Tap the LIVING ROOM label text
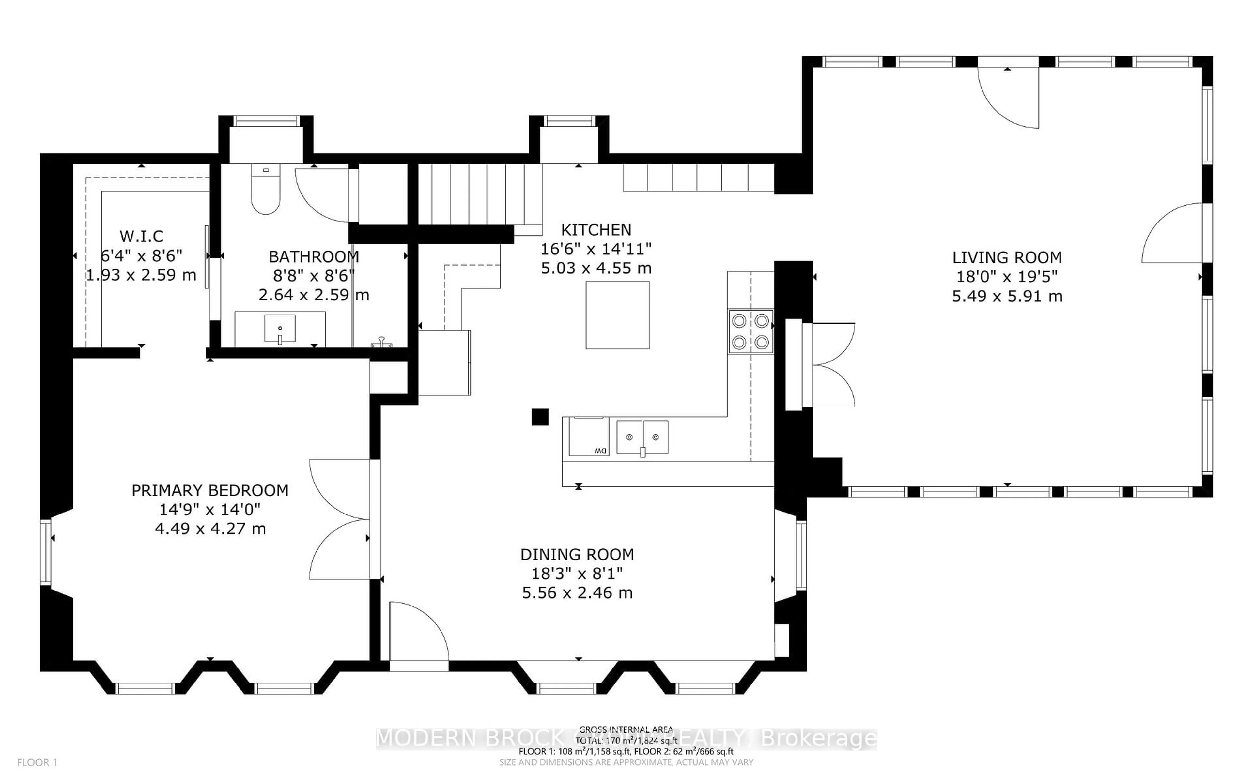coord(1007,257)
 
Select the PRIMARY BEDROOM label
coord(210,490)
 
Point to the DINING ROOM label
coord(577,555)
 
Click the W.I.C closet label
coord(141,237)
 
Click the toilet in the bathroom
coord(266,189)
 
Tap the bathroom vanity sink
coord(280,328)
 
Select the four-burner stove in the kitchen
coord(750,332)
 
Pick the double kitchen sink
coord(642,438)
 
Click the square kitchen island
coord(617,315)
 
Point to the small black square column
coord(540,417)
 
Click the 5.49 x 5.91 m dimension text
coord(1007,296)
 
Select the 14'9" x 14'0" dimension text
coord(210,510)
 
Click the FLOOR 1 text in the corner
coord(37,762)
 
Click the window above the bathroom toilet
coord(267,121)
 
